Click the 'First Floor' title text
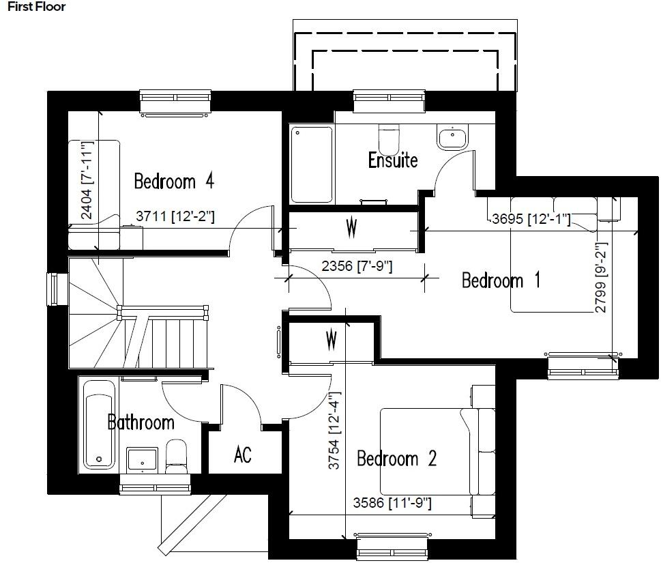(37, 8)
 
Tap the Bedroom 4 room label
(174, 182)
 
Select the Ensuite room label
(392, 161)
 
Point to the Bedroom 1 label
(501, 280)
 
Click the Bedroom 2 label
(396, 459)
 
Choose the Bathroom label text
(141, 422)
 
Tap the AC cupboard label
(242, 454)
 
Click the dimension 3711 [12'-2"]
(175, 216)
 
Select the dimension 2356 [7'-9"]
(356, 267)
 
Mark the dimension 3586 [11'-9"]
(392, 504)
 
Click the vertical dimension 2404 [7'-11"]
(87, 180)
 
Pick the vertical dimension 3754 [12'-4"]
(334, 431)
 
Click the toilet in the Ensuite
(389, 139)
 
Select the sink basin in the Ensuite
(452, 139)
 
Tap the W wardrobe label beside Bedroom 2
(332, 338)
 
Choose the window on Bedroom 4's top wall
(176, 102)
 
